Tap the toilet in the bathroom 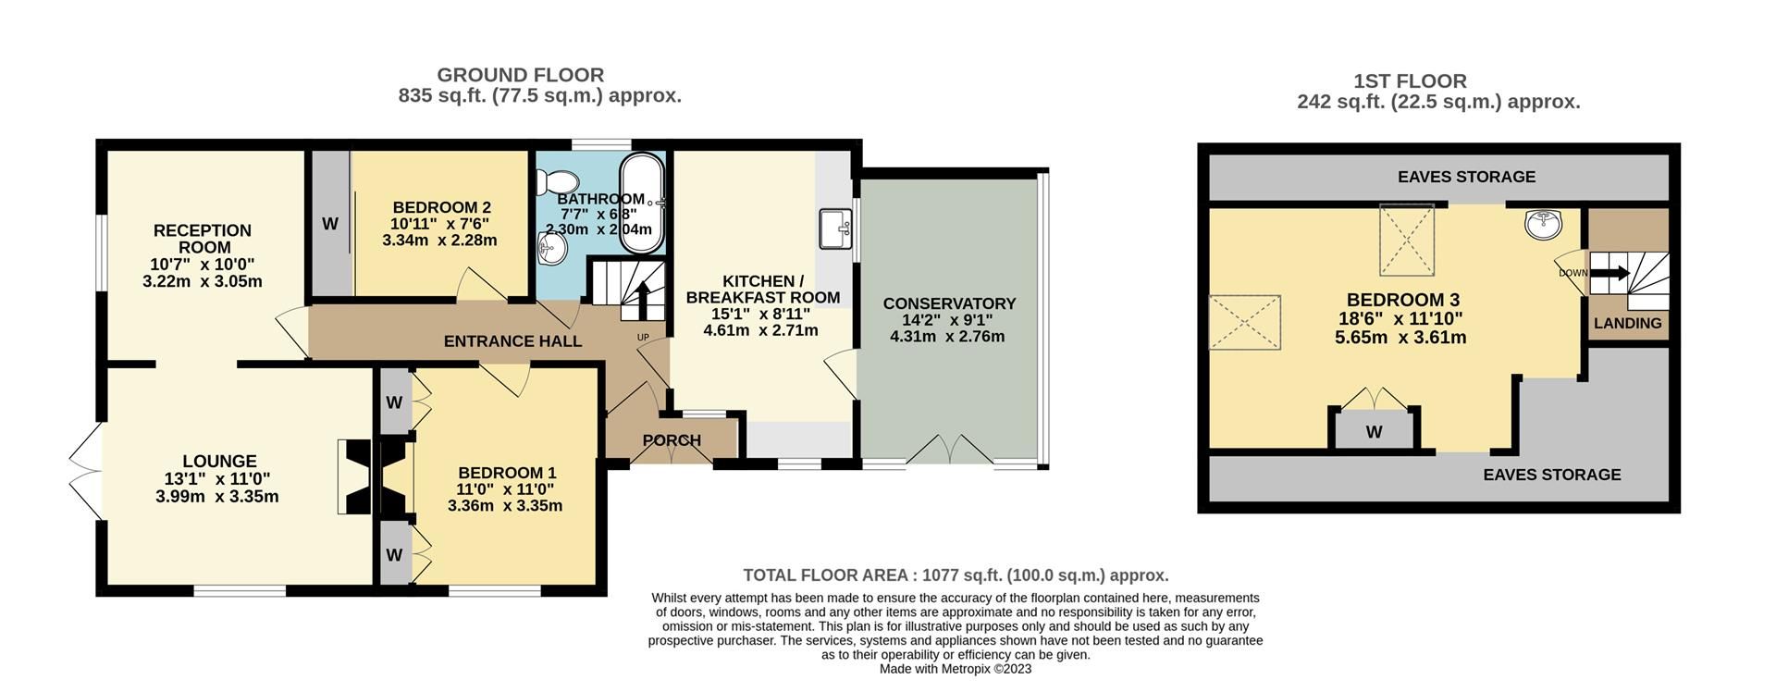561,179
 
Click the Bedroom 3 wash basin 1541,223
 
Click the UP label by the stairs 643,337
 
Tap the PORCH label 672,440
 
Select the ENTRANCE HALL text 512,341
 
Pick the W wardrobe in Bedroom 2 329,223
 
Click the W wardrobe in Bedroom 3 1374,432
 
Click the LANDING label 1627,323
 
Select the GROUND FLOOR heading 520,75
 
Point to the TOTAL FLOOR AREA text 956,575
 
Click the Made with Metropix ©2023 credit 955,669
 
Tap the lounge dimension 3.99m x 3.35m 217,497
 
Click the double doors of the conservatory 950,451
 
